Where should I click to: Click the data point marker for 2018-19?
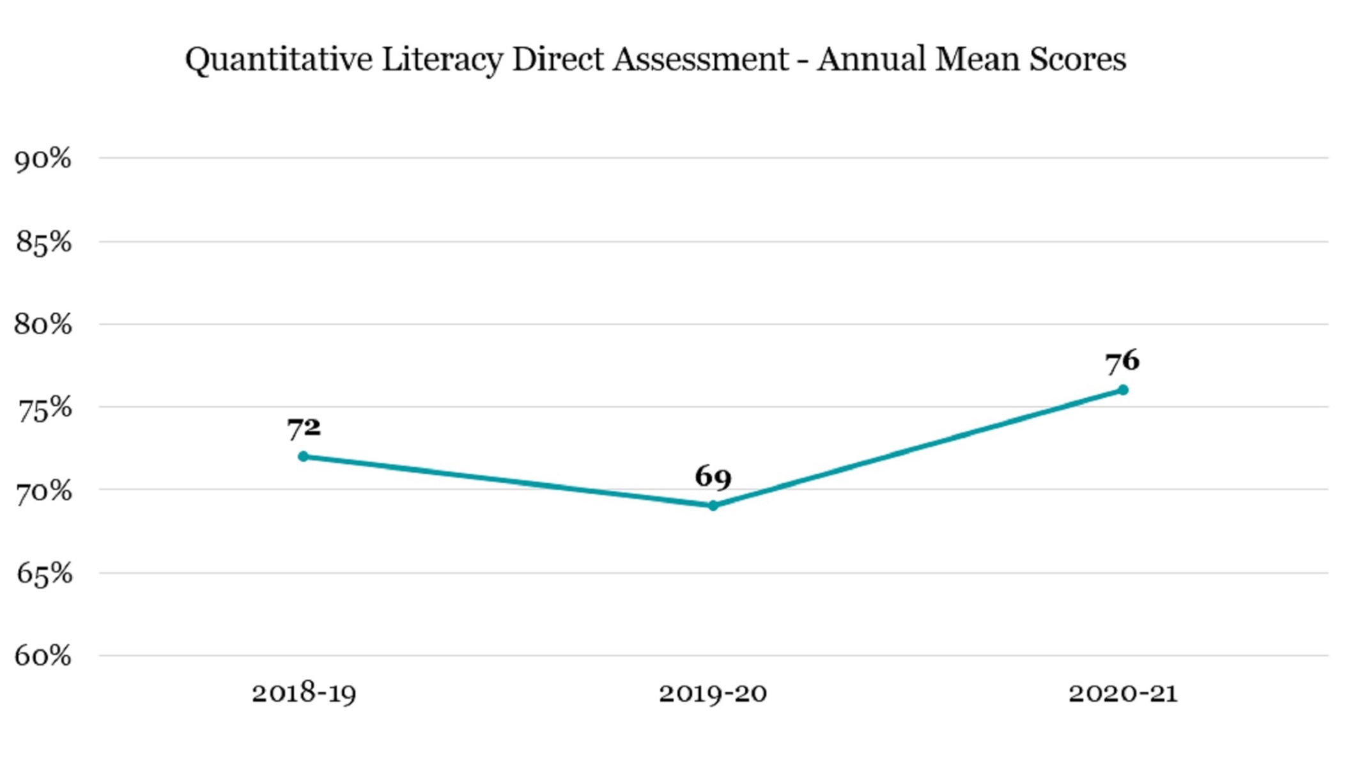pos(303,456)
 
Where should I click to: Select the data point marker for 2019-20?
pos(713,506)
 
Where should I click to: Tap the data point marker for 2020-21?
pos(1123,390)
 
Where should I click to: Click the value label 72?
pos(304,428)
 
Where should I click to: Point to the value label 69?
pos(713,477)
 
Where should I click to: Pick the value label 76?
pos(1122,361)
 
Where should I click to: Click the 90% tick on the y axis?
pos(43,159)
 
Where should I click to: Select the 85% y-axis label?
pos(43,242)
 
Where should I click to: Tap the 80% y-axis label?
pos(43,325)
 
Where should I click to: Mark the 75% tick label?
pos(43,408)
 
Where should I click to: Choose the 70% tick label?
pos(43,491)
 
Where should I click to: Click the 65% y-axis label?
pos(43,574)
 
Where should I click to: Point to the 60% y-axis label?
pos(43,656)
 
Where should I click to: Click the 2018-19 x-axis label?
pos(304,694)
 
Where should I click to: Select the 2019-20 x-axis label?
pos(713,694)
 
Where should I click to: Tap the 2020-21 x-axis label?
pos(1123,694)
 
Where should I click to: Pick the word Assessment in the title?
pos(701,59)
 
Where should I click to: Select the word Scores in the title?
pos(1078,59)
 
